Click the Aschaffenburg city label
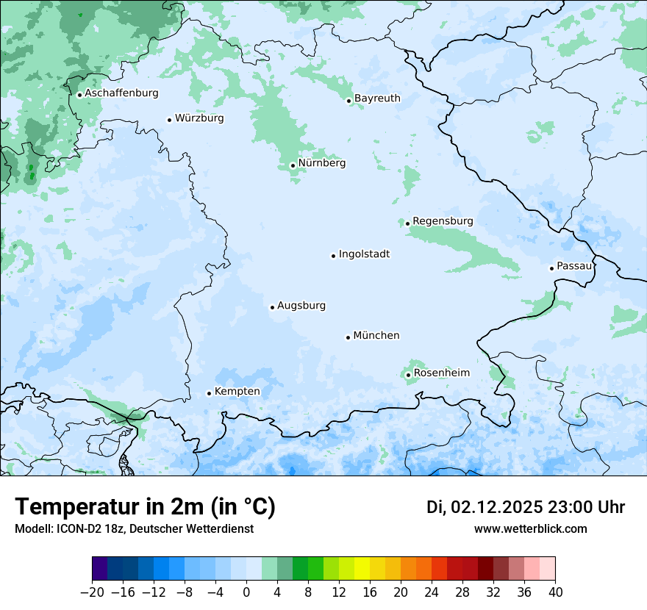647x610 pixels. pyautogui.click(x=121, y=93)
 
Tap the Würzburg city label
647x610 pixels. pyautogui.click(x=199, y=118)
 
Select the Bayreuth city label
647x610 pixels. pyautogui.click(x=377, y=98)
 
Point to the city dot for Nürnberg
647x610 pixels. pyautogui.click(x=293, y=165)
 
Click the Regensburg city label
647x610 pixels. pyautogui.click(x=443, y=221)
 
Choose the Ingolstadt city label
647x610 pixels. pyautogui.click(x=364, y=254)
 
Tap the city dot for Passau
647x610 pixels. pyautogui.click(x=551, y=268)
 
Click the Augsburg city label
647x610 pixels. pyautogui.click(x=301, y=306)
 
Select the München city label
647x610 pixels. pyautogui.click(x=376, y=336)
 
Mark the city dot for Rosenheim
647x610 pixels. pyautogui.click(x=408, y=375)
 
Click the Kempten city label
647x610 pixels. pyautogui.click(x=237, y=392)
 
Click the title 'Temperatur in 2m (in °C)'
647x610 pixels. pyautogui.click(x=145, y=507)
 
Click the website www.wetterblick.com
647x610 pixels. pyautogui.click(x=530, y=529)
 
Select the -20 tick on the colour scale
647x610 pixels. pyautogui.click(x=92, y=592)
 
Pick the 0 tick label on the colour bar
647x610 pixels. pyautogui.click(x=246, y=592)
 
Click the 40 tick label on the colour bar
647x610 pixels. pyautogui.click(x=555, y=592)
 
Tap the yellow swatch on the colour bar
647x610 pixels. pyautogui.click(x=362, y=569)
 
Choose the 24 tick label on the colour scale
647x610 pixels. pyautogui.click(x=432, y=592)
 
